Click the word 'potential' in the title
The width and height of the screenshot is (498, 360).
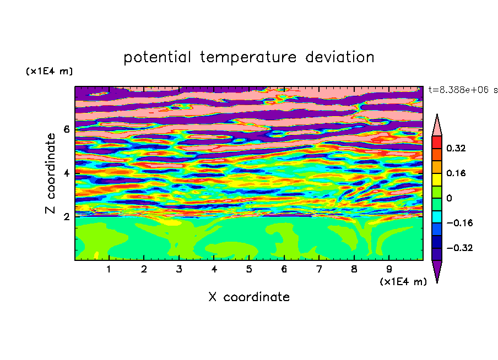click(x=157, y=58)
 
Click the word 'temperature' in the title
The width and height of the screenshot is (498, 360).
click(x=248, y=57)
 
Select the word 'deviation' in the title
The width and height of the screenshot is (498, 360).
click(x=340, y=57)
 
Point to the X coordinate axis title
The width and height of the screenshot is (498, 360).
click(x=249, y=297)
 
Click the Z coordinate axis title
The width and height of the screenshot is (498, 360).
click(x=50, y=173)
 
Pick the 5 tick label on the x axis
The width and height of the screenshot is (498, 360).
click(x=249, y=269)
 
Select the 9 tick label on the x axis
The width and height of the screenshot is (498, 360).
click(x=389, y=269)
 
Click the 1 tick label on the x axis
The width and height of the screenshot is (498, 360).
click(x=109, y=269)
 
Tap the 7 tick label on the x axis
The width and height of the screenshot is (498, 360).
click(x=319, y=269)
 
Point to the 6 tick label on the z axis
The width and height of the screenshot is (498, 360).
click(x=66, y=129)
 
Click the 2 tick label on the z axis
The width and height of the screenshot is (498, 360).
click(x=66, y=217)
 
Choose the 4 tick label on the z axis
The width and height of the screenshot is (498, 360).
click(x=66, y=173)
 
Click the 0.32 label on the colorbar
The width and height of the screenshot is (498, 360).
click(x=456, y=148)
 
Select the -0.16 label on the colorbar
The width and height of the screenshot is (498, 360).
click(x=459, y=223)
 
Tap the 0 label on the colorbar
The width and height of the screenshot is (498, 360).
click(x=449, y=198)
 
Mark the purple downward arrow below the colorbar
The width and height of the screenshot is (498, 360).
click(x=437, y=270)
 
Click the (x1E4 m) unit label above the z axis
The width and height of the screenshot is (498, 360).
click(x=49, y=71)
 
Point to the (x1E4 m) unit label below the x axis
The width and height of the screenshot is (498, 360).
click(x=403, y=282)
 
